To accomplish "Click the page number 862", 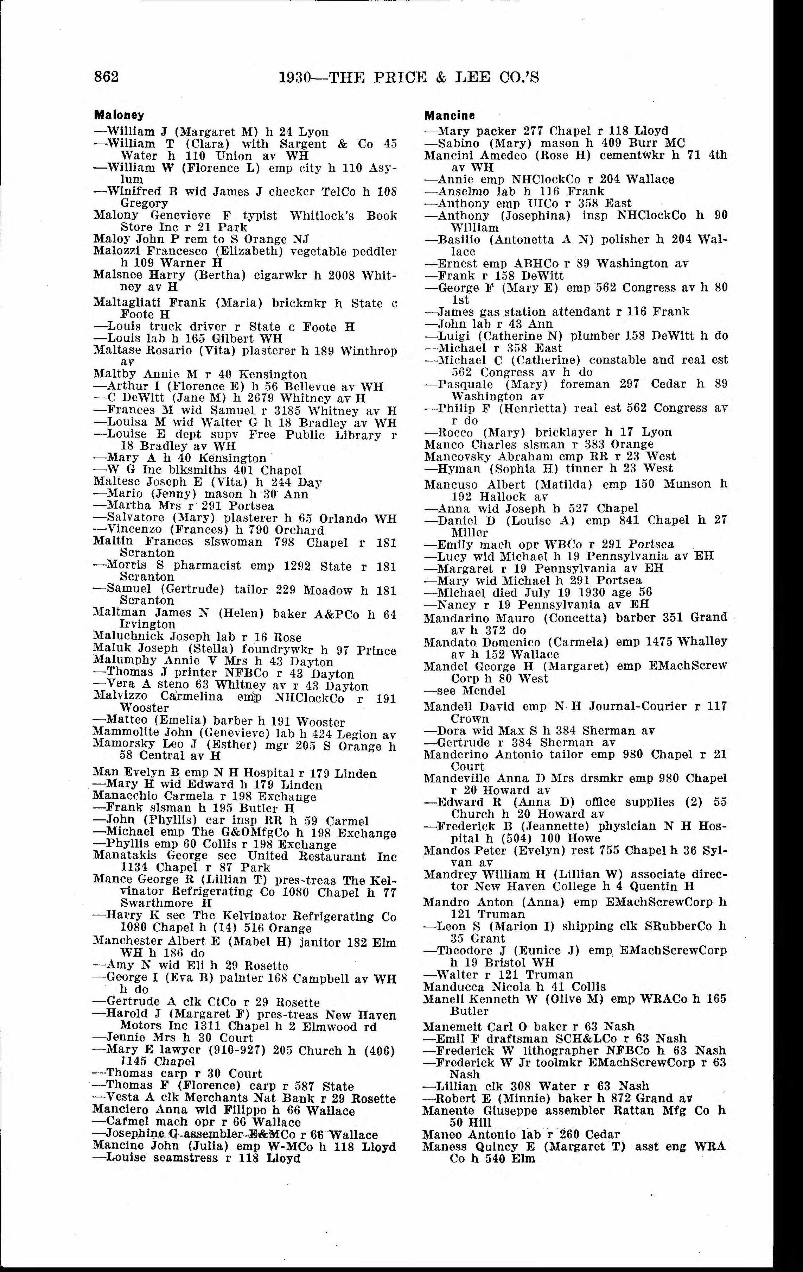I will pos(106,77).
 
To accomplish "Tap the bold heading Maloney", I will pos(119,115).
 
